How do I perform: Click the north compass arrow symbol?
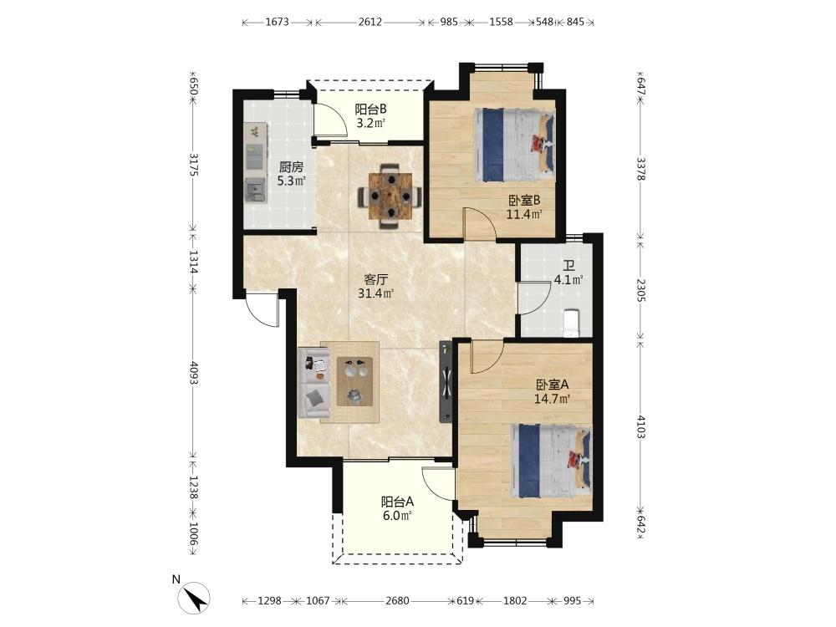point(194,598)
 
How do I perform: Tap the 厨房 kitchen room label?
point(291,167)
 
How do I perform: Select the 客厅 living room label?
point(375,279)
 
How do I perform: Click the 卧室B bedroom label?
point(524,201)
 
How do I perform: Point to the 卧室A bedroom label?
point(553,385)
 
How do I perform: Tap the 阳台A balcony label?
point(397,502)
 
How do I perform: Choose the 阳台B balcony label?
point(371,110)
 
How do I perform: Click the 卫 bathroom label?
point(568,266)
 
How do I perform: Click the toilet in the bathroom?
point(571,323)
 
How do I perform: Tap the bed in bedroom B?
point(514,145)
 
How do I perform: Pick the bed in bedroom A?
point(551,460)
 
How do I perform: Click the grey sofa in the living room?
point(316,382)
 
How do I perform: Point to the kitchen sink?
point(255,190)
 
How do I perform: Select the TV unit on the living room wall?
point(446,382)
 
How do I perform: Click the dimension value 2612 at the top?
point(370,22)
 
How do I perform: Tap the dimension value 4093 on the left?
point(193,375)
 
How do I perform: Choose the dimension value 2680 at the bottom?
point(397,601)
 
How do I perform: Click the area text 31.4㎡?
point(376,293)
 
